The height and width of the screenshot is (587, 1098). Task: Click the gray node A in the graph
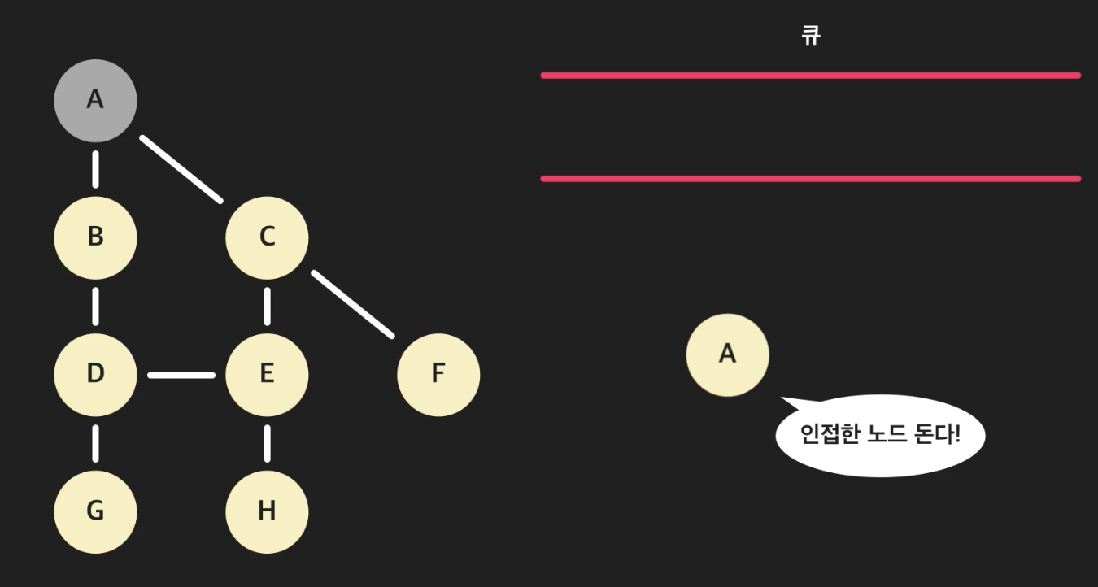[95, 100]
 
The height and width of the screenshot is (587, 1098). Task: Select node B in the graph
[95, 237]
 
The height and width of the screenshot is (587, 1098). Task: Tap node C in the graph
[267, 237]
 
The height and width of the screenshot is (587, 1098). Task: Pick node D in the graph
[95, 374]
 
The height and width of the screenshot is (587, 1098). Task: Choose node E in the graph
[267, 374]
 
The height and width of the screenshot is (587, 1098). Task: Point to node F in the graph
[438, 374]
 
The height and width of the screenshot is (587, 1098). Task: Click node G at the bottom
[95, 511]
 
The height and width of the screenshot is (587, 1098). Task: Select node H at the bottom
[267, 511]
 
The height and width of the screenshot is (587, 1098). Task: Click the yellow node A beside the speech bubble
[727, 354]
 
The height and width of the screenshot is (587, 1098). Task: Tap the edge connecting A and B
[95, 168]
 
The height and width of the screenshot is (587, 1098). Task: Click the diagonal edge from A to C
[181, 168]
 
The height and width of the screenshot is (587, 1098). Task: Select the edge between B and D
[95, 306]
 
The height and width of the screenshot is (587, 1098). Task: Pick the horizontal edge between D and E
[181, 375]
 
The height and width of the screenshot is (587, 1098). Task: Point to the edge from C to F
[353, 304]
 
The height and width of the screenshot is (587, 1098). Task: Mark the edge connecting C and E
[267, 306]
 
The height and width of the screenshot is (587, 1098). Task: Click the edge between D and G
[95, 442]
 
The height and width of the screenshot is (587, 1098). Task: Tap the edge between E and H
[267, 442]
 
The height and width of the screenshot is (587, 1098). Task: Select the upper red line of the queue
[810, 76]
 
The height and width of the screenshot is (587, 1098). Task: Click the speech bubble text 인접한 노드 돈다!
[880, 434]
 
